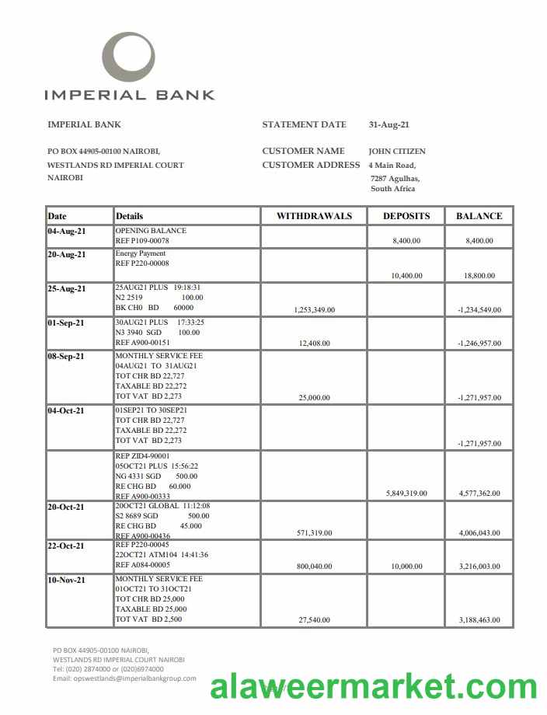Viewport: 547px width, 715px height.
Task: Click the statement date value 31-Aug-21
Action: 388,124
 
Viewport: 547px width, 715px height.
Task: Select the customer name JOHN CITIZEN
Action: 396,152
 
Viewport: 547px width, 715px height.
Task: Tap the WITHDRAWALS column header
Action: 314,216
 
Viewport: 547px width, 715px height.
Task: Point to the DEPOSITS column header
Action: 406,216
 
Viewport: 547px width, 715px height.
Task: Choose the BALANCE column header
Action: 479,216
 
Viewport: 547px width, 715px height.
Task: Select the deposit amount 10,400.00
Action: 406,276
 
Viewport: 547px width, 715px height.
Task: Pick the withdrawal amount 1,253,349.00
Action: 314,310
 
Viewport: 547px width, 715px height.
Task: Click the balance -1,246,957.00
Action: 479,343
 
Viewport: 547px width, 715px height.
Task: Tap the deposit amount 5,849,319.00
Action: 406,494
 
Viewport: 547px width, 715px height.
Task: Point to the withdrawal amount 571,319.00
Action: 314,533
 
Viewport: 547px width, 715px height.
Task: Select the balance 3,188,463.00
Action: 479,620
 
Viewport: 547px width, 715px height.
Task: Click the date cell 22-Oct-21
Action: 67,546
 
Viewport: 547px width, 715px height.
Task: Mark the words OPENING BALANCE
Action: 151,231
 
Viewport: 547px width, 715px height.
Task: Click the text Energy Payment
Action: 141,254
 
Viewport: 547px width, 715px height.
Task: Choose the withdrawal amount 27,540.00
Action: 314,620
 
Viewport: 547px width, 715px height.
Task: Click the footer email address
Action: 124,678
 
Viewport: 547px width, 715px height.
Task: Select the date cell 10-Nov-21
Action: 67,581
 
